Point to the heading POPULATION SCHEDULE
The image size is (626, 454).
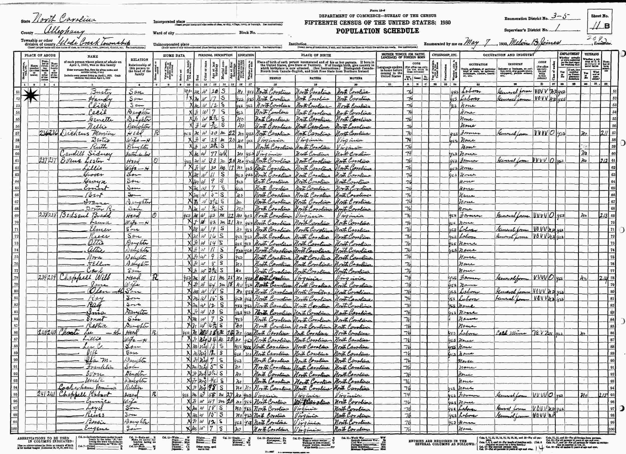click(x=377, y=31)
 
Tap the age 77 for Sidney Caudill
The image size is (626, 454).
click(x=213, y=154)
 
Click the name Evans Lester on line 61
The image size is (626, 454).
click(x=81, y=161)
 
